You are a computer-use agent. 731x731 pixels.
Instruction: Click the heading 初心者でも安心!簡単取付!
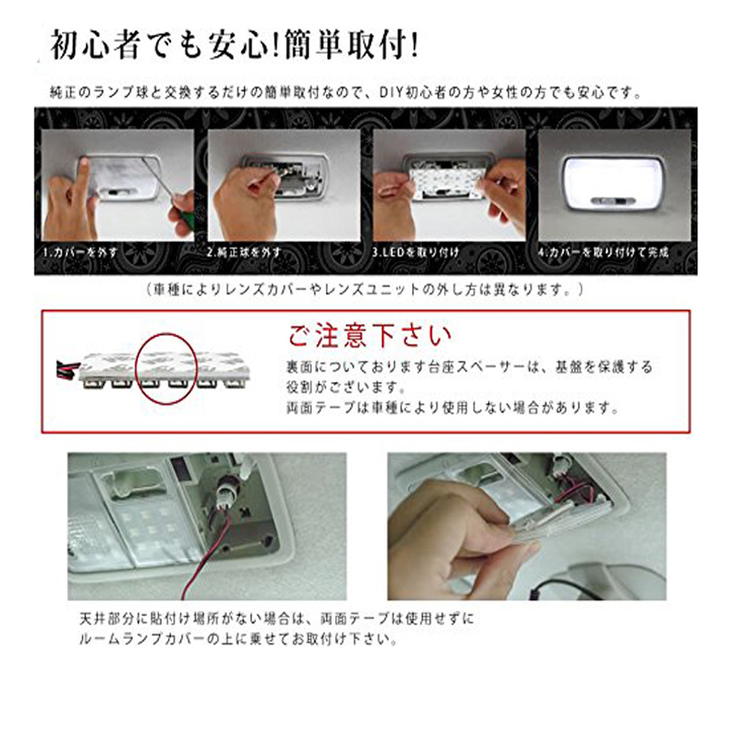235,45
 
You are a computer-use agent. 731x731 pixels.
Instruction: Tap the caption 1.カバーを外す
80,253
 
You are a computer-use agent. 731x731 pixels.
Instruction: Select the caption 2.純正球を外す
244,253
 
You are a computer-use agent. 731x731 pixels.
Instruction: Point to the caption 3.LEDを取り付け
416,253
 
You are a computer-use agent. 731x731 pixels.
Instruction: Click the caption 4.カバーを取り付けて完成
604,253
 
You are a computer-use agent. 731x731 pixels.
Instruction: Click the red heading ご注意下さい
370,335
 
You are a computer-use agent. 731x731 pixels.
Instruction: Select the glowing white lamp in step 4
614,182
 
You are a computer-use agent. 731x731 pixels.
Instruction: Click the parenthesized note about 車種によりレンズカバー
365,291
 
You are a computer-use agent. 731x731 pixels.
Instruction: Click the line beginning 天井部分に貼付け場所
277,620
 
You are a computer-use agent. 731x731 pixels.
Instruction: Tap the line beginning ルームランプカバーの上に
238,639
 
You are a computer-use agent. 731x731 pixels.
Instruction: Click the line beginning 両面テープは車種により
452,408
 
